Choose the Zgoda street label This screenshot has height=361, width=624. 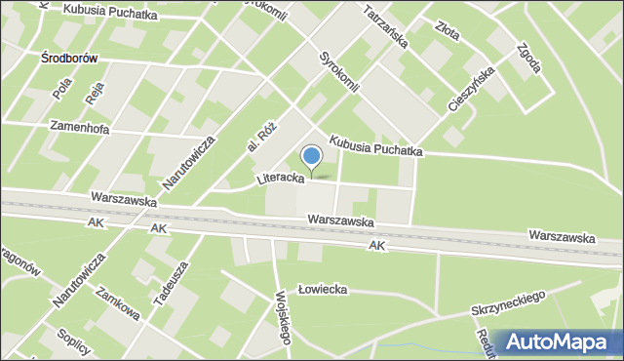coord(527,61)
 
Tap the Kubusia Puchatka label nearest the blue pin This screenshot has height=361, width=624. coord(375,145)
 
